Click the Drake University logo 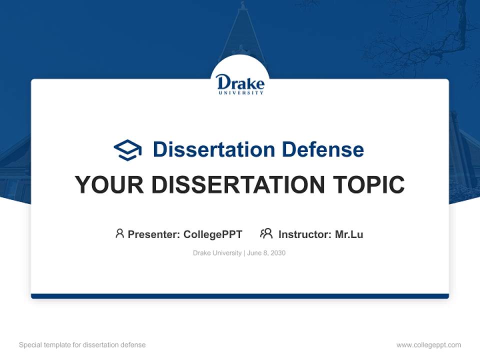(x=240, y=84)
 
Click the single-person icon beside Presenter (x=119, y=233)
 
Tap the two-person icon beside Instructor (x=266, y=233)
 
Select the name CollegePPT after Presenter (x=212, y=234)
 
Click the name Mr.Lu (x=348, y=234)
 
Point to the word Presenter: (x=154, y=234)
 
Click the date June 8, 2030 (x=266, y=253)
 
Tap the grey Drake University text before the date (x=217, y=253)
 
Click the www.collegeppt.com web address (x=428, y=345)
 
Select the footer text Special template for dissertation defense (x=82, y=345)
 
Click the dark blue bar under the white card (x=240, y=296)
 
